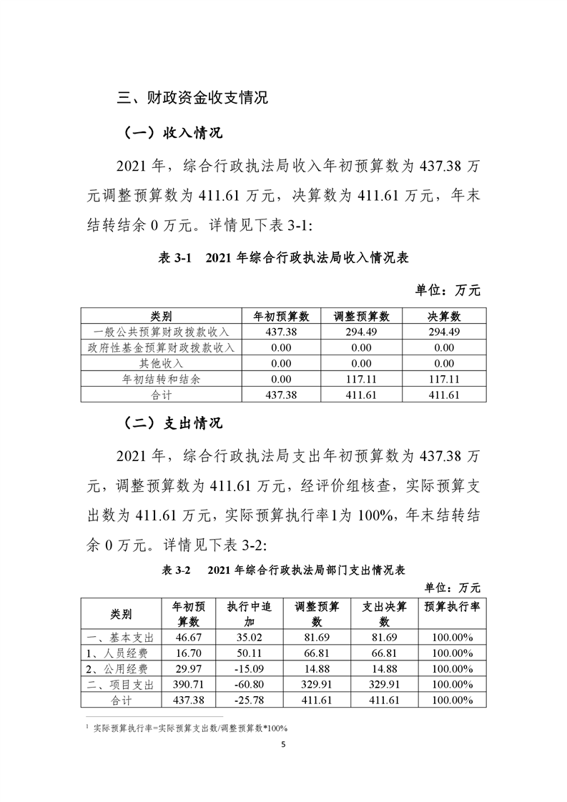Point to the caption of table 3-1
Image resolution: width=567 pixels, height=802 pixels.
point(283,259)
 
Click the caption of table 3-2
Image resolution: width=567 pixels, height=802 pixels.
point(283,570)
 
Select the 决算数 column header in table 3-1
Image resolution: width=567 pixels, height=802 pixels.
point(444,316)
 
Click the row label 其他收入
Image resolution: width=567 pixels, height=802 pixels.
point(162,363)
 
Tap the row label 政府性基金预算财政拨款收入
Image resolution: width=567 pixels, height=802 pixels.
point(162,347)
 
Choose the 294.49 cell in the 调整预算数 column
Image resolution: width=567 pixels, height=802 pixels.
point(362,332)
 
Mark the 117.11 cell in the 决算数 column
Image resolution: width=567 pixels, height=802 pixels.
point(444,379)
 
